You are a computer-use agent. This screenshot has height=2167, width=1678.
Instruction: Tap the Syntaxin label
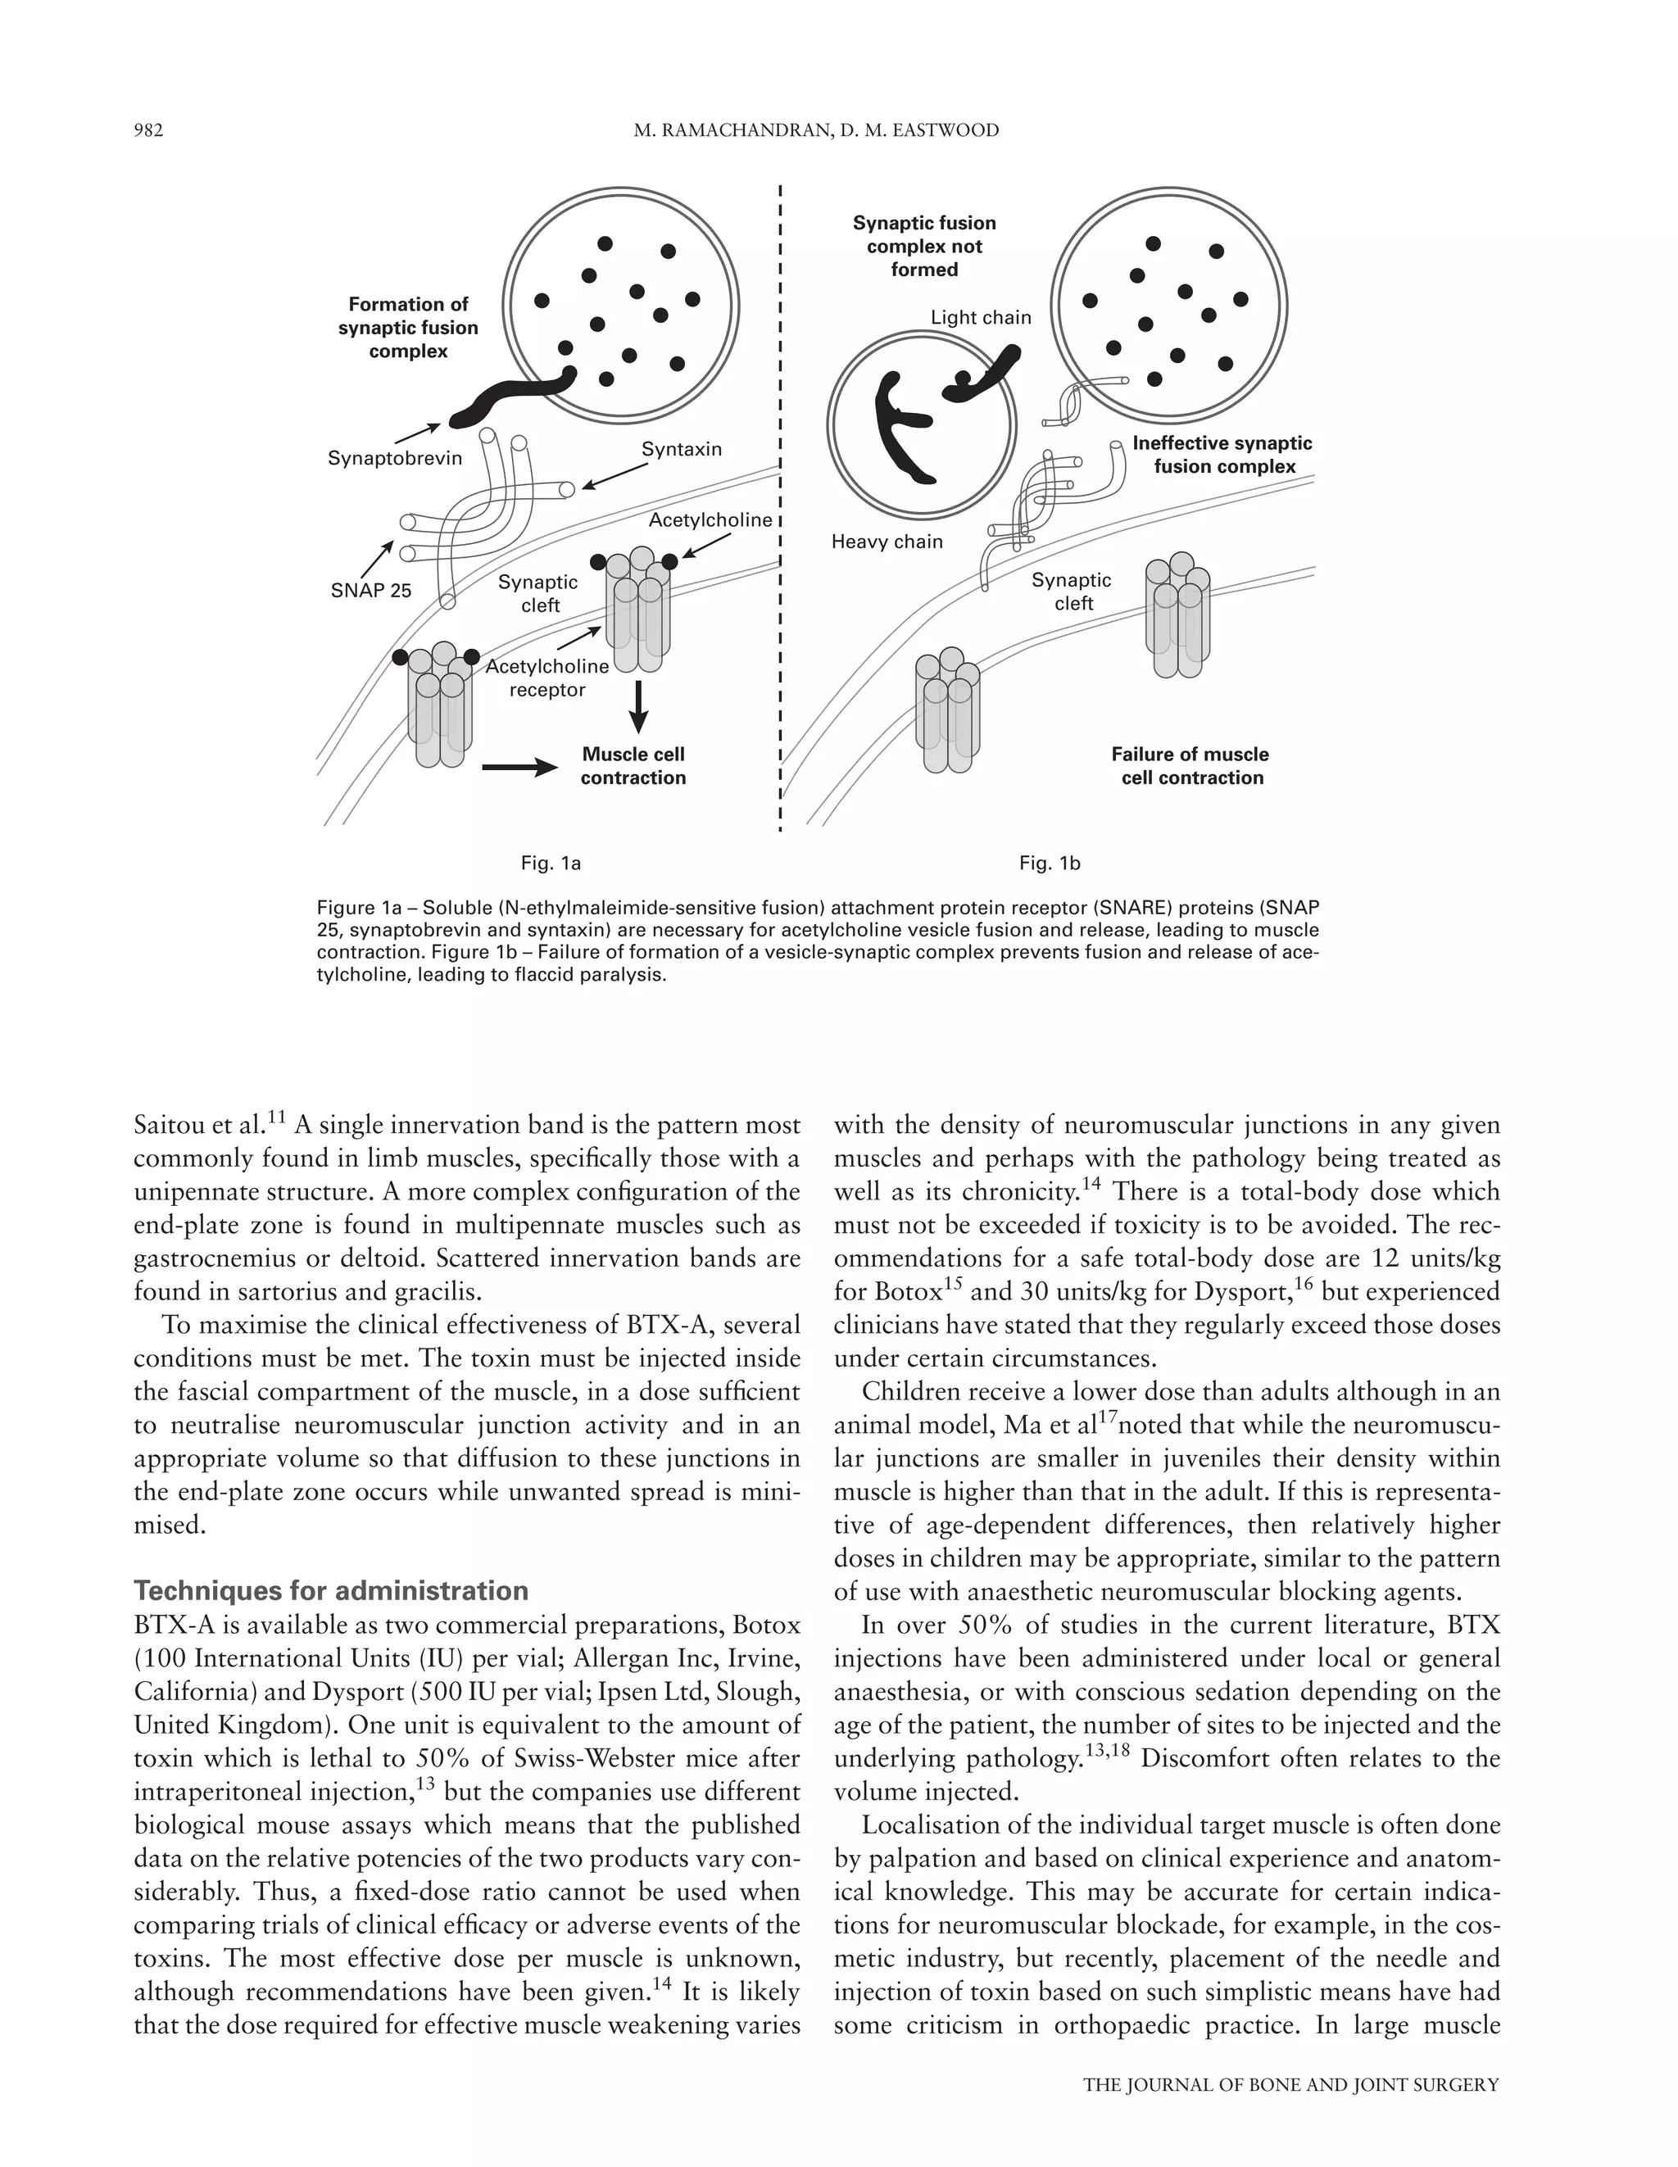tap(681, 450)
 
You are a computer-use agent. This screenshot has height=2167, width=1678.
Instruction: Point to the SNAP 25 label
tap(370, 592)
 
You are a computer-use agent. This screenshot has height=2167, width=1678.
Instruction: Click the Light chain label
tap(981, 318)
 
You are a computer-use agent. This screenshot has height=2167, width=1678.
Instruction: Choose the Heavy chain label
tap(887, 542)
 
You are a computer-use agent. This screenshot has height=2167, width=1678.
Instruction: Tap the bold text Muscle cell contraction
tap(633, 766)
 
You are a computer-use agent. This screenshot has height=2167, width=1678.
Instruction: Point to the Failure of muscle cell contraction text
tap(1190, 766)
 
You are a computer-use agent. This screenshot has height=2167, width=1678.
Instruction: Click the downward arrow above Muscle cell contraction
tap(639, 705)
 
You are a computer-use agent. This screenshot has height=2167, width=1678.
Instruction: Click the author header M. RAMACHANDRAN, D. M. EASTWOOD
tap(816, 130)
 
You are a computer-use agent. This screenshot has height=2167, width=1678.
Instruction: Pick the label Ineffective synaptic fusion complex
tap(1222, 455)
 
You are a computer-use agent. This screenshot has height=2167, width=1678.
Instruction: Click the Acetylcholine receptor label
tap(546, 678)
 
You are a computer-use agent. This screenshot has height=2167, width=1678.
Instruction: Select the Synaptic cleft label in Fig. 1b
tap(1072, 592)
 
